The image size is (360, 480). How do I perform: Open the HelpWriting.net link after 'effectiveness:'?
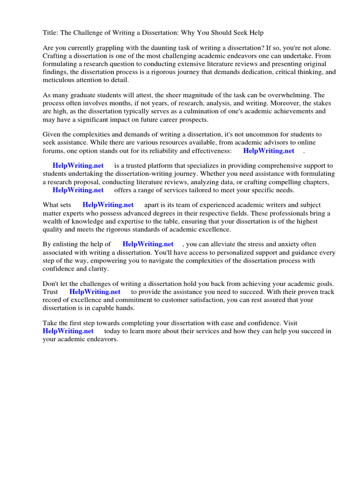269,150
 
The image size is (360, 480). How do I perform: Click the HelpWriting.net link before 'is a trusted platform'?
78,166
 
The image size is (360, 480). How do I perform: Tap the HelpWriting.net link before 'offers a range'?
78,190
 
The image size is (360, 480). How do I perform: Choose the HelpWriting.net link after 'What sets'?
108,205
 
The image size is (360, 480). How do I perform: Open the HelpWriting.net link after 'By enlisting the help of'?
148,244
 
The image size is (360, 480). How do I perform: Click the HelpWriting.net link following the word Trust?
95,292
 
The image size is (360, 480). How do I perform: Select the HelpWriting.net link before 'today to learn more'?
68,331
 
